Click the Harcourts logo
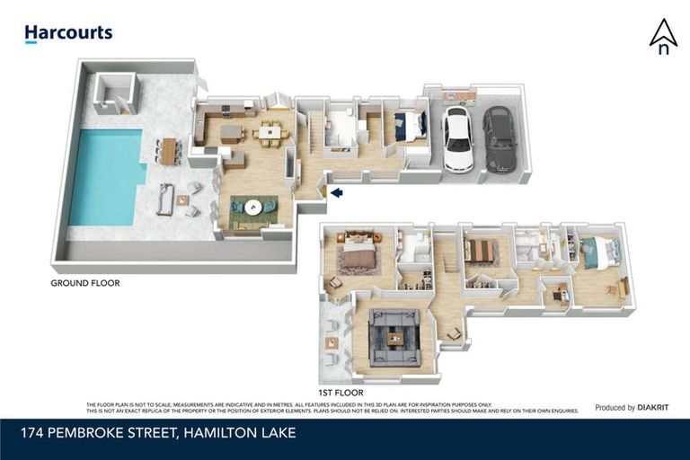point(68,33)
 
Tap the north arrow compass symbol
point(663,36)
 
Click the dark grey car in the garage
point(500,139)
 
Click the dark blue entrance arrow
point(336,191)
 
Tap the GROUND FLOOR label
point(85,283)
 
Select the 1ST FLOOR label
point(340,394)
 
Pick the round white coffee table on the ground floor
point(252,206)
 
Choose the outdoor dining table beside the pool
point(168,150)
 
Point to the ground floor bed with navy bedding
point(409,126)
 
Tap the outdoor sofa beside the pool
point(165,199)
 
